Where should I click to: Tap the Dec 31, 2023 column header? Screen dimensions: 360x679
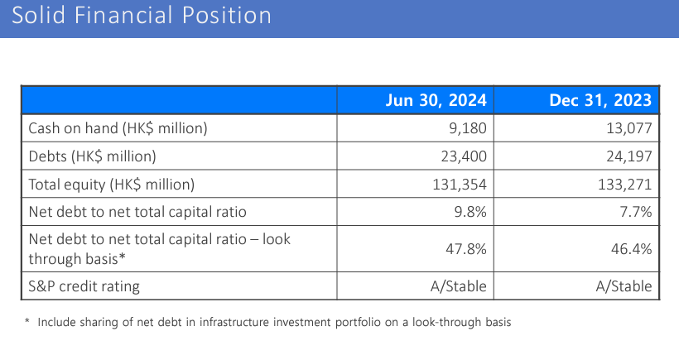point(600,101)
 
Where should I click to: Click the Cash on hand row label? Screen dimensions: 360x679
point(118,128)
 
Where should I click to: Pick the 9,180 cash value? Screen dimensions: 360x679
point(467,128)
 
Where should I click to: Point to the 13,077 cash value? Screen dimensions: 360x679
point(628,128)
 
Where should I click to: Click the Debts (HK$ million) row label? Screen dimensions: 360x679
point(93,156)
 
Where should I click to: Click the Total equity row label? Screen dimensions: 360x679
point(111,184)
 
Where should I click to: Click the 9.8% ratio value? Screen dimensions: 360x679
point(470,211)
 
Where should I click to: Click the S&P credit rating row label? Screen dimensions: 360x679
point(84,286)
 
